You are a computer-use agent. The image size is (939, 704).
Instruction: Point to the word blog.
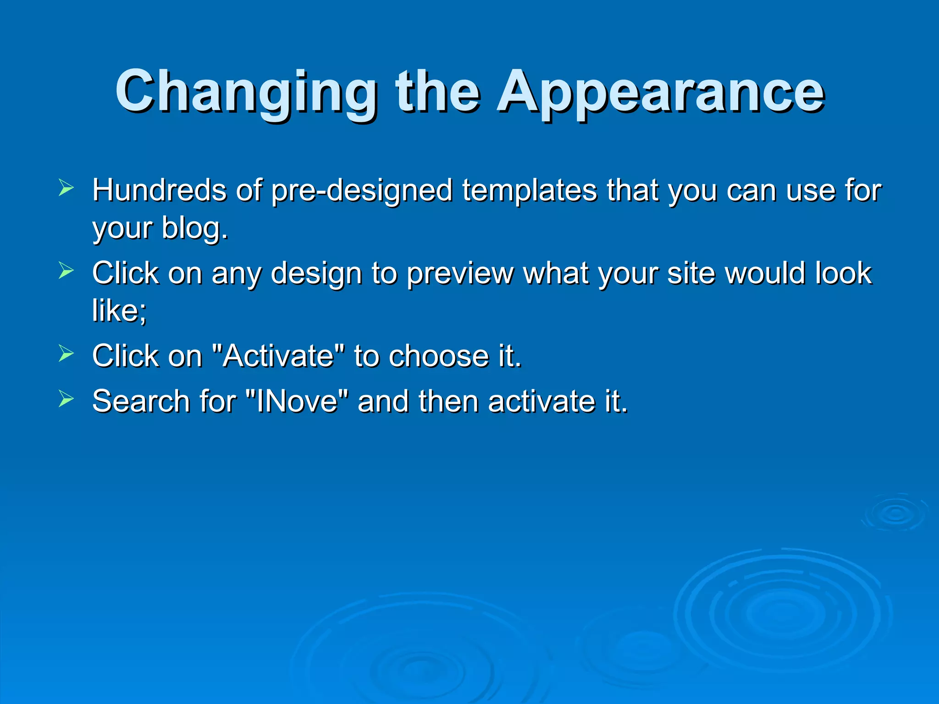tap(194, 229)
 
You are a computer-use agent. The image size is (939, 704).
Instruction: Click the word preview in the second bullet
tap(460, 274)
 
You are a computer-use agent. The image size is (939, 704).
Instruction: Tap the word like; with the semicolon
tap(119, 311)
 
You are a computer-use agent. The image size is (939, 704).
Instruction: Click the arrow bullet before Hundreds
tap(66, 188)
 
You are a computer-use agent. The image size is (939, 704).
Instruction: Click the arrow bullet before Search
tap(66, 399)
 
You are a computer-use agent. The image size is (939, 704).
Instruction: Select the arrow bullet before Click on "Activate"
tap(66, 353)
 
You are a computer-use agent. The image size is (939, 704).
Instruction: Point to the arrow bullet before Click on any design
tap(66, 271)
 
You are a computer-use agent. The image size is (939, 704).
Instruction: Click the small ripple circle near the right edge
tap(895, 513)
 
